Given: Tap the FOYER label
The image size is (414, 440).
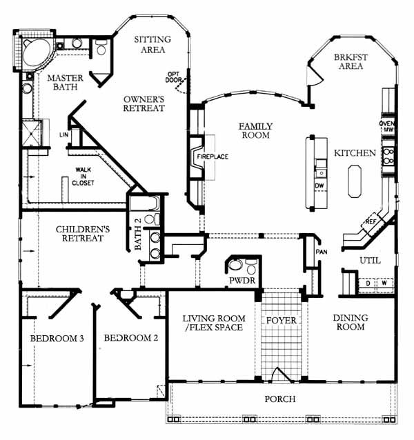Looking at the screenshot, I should [x=281, y=321].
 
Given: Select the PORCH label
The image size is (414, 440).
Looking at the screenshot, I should [x=280, y=399].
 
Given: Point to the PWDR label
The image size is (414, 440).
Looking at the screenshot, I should [x=238, y=281].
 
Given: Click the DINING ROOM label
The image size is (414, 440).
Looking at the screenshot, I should [x=350, y=322].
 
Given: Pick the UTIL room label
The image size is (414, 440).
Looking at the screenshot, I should [x=369, y=260].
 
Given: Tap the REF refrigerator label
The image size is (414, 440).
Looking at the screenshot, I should [x=370, y=222].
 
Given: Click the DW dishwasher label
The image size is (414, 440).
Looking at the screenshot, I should [x=319, y=186].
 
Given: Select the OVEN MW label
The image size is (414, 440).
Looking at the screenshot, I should [x=387, y=126].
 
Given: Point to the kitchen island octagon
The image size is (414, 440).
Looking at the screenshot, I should [x=355, y=180].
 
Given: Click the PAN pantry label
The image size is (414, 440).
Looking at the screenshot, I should [x=321, y=252].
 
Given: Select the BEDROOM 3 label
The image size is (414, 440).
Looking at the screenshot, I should [x=57, y=339].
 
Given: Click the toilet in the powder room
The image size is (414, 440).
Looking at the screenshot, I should [x=237, y=266].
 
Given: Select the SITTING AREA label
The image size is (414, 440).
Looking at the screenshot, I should [x=152, y=44].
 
